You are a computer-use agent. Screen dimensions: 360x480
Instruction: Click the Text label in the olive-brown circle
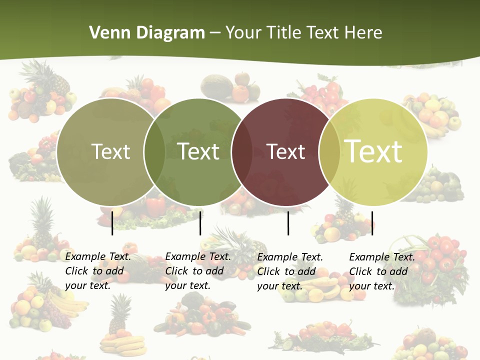110,151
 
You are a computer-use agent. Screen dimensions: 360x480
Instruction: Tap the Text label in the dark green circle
198,151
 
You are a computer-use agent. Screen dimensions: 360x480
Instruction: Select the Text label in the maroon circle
286,151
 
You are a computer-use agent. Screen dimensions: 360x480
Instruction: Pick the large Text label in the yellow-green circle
373,151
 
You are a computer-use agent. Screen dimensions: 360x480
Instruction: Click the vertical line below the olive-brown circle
112,223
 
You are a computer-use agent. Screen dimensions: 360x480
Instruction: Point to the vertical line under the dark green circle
200,223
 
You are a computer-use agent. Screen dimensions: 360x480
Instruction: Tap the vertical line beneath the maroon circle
288,223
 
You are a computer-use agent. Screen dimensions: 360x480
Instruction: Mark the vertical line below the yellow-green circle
372,223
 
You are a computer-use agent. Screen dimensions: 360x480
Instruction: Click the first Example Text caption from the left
98,271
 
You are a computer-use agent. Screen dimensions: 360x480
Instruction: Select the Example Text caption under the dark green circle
198,271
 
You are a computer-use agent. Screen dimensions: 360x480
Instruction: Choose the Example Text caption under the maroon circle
290,271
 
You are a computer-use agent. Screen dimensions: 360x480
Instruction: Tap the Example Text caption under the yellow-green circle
382,271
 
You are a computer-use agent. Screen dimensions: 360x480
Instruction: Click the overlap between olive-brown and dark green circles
154,151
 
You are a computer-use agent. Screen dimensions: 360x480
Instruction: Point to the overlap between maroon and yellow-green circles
329,151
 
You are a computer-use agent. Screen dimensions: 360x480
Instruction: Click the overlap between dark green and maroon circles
242,151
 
